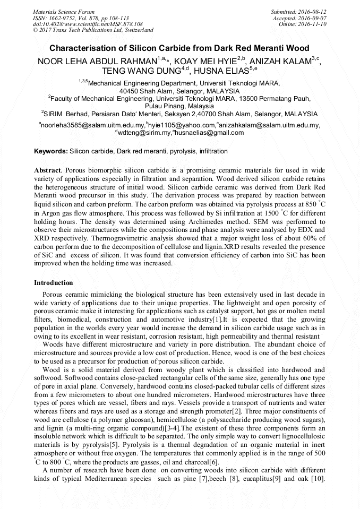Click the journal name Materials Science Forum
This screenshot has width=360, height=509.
pyautogui.click(x=64, y=11)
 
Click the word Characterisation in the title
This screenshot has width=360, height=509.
pyautogui.click(x=88, y=48)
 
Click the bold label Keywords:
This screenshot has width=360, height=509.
pyautogui.click(x=51, y=151)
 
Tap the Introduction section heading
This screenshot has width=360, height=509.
pyautogui.click(x=54, y=283)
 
